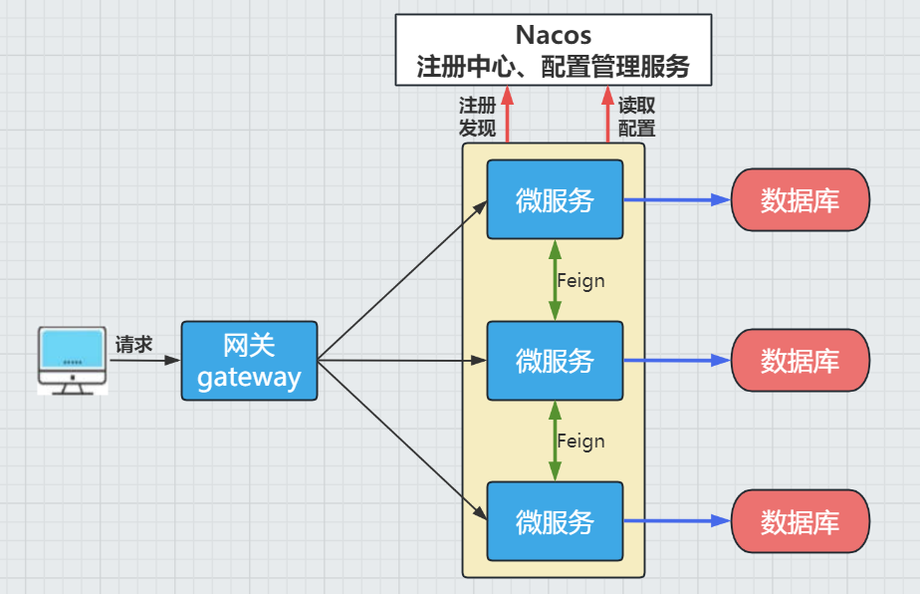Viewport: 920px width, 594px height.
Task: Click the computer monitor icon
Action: (x=71, y=359)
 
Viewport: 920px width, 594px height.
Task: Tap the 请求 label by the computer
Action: (x=133, y=345)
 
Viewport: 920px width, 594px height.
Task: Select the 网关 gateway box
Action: (x=249, y=361)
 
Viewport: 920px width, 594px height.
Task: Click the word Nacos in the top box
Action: (x=553, y=36)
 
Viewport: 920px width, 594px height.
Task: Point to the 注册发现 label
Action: (x=477, y=117)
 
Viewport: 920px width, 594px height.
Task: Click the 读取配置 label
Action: (x=637, y=117)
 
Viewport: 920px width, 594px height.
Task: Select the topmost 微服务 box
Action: (x=555, y=199)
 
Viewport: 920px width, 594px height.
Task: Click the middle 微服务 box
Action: (x=555, y=361)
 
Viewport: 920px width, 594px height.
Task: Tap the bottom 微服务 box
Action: (x=555, y=521)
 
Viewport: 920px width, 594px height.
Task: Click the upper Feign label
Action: (x=581, y=281)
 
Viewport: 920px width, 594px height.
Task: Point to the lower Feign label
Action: (x=581, y=442)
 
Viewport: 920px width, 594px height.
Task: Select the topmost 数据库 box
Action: (x=801, y=199)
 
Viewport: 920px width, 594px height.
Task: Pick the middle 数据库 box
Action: (x=801, y=361)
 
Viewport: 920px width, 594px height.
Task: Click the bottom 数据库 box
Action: (x=801, y=521)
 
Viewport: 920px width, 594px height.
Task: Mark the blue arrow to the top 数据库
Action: (x=677, y=199)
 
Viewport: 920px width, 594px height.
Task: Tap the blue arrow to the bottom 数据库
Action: (x=677, y=521)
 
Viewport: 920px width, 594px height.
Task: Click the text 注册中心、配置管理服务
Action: (x=553, y=68)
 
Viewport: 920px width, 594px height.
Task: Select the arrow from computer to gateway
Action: (x=144, y=360)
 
